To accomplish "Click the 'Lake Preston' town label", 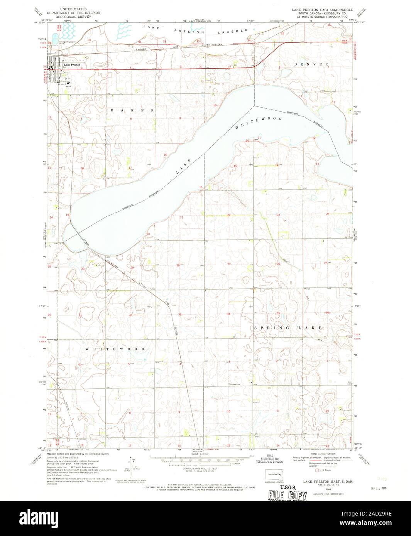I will pos(72,65).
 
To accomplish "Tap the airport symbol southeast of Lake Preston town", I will pos(69,82).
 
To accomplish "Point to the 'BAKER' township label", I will pos(132,110).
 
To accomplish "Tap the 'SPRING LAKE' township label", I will pos(288,328).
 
